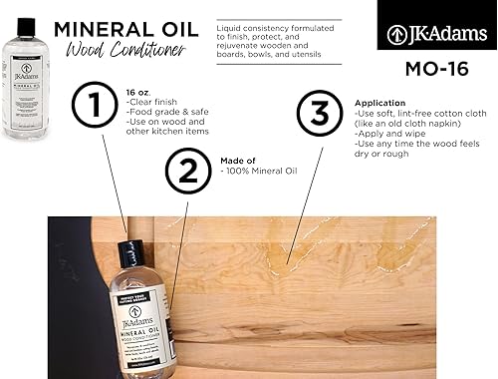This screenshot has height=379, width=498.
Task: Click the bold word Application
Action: point(380,103)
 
